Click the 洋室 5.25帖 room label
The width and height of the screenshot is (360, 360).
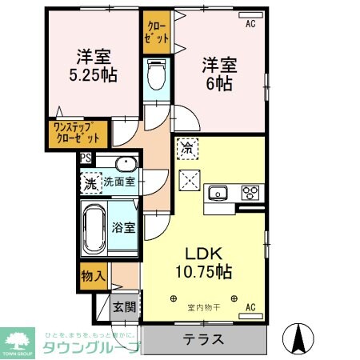[94, 66]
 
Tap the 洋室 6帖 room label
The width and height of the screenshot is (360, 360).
[217, 72]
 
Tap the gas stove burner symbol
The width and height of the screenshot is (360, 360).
[250, 193]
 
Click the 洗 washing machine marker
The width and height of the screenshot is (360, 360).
[90, 182]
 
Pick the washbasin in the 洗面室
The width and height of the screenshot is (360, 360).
[126, 166]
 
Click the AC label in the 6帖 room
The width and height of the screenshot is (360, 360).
[250, 24]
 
